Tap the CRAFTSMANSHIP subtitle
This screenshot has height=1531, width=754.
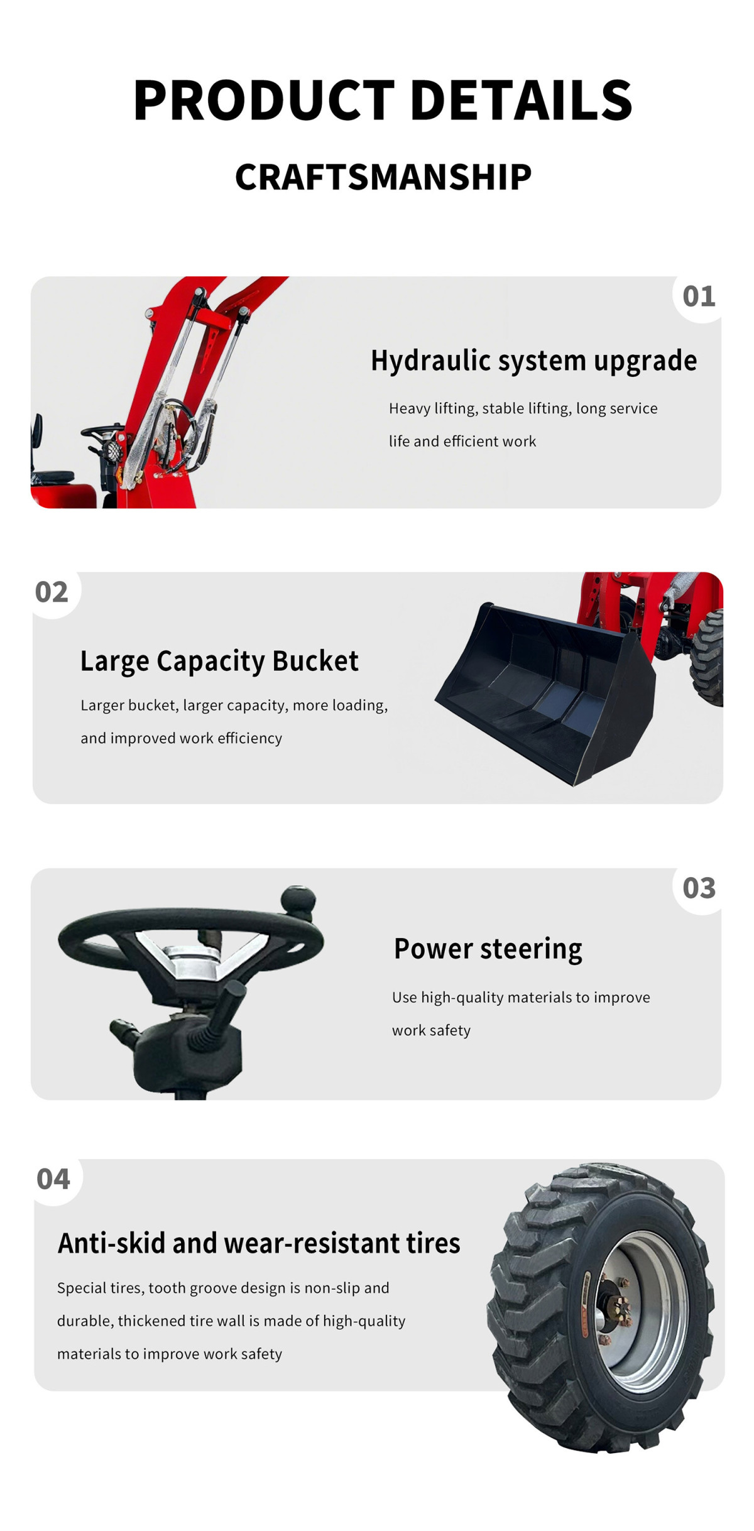click(x=383, y=177)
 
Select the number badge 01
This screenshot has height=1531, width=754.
click(x=699, y=297)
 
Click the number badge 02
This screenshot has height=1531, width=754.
click(x=52, y=592)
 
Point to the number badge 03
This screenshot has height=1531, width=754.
click(x=699, y=888)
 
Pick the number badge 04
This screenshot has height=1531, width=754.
click(x=53, y=1179)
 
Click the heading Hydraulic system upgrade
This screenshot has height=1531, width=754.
click(x=533, y=361)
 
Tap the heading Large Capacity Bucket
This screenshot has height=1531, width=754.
click(x=219, y=661)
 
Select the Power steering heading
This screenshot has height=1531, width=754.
click(x=488, y=949)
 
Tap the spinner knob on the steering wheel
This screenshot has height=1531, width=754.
click(x=299, y=900)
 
